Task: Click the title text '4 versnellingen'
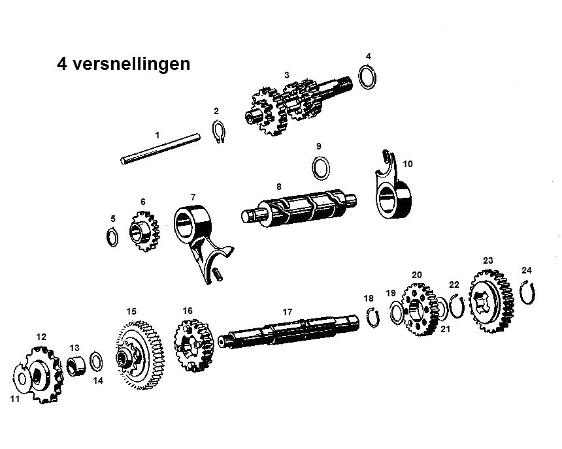point(124,64)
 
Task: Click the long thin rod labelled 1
point(160,148)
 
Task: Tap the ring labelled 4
point(369,76)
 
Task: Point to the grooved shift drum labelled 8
point(298,208)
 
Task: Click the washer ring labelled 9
point(320,167)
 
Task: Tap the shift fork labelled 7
point(199,238)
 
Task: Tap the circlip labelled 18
point(372,316)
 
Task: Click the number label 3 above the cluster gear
point(286,75)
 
